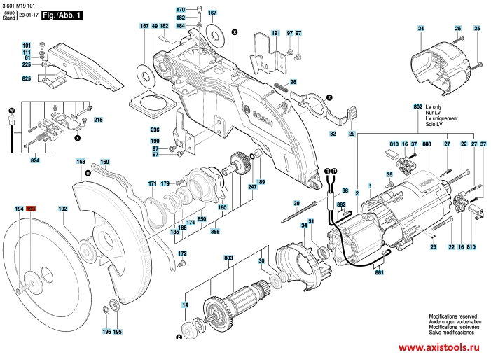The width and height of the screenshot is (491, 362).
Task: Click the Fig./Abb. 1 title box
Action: click(61, 13)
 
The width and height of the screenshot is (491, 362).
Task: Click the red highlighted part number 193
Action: click(31, 209)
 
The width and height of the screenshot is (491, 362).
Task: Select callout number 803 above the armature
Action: click(228, 258)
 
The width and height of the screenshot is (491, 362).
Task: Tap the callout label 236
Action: click(155, 130)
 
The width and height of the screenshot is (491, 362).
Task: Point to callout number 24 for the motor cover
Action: click(421, 28)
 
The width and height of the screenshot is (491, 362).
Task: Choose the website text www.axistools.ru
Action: click(442, 347)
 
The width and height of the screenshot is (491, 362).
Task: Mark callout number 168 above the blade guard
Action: click(81, 162)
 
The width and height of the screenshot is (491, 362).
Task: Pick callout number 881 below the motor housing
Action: click(379, 272)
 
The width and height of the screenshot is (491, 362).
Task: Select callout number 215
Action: click(98, 120)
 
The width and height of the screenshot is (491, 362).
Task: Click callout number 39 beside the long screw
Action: click(296, 203)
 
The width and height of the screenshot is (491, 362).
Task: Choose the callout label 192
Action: click(62, 209)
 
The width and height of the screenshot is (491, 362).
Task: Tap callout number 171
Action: click(152, 183)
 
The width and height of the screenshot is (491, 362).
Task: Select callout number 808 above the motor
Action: click(426, 143)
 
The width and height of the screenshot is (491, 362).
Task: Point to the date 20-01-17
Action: click(28, 14)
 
